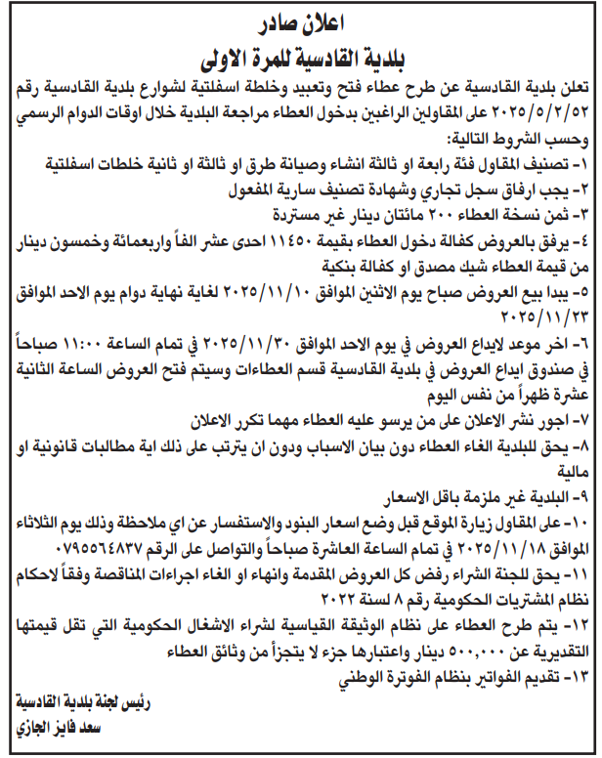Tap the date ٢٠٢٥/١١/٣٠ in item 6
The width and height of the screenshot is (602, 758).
pos(286,338)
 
